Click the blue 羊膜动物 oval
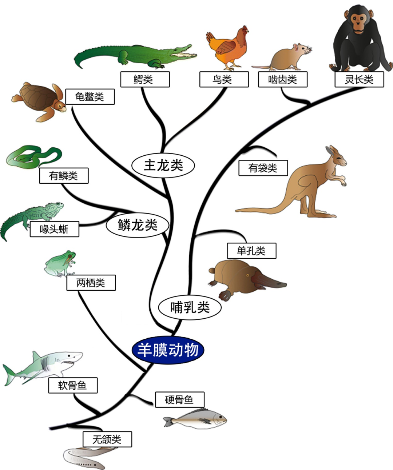click(x=168, y=350)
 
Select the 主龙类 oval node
click(x=163, y=166)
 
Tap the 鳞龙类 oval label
click(x=138, y=225)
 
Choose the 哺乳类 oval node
click(x=190, y=307)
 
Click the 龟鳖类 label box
click(x=90, y=97)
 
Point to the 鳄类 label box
click(x=145, y=79)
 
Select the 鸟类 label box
click(x=224, y=79)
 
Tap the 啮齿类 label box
click(x=282, y=79)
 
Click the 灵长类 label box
click(x=359, y=79)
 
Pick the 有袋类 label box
click(x=263, y=168)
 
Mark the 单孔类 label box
click(x=251, y=251)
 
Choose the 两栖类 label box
click(x=91, y=283)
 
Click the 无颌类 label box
click(x=107, y=439)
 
